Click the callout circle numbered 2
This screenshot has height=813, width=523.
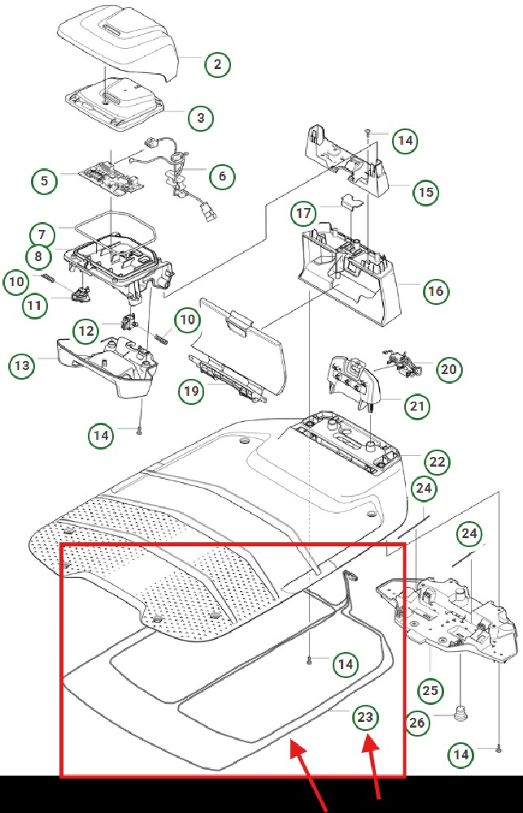click(x=217, y=64)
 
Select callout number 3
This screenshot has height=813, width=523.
click(x=200, y=118)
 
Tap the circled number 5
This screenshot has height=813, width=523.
click(x=45, y=180)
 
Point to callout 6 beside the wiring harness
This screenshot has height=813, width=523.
click(x=222, y=176)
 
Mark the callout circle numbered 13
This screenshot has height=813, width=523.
click(x=23, y=365)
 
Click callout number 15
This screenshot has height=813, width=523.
click(x=425, y=193)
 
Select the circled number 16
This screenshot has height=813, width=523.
click(x=436, y=290)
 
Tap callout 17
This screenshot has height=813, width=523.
click(x=303, y=214)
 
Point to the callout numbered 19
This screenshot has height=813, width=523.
click(x=191, y=392)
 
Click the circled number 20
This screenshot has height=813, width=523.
click(x=448, y=368)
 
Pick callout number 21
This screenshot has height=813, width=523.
click(x=417, y=406)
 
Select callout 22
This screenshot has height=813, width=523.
click(x=437, y=463)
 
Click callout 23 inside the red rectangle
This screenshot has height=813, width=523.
click(x=366, y=717)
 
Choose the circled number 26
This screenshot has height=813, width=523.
click(x=417, y=721)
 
